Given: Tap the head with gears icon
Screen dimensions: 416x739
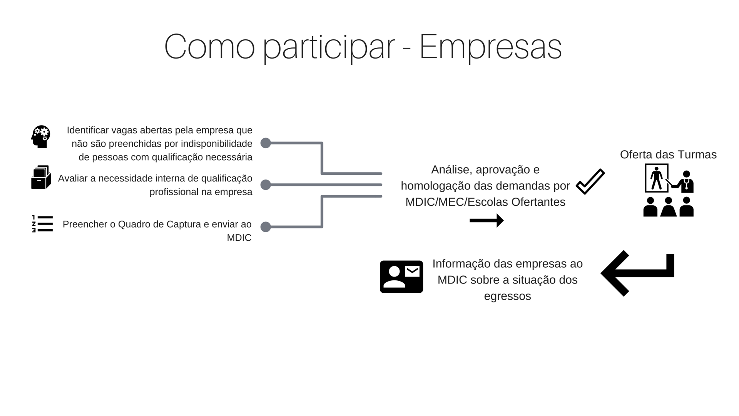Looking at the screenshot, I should [41, 136].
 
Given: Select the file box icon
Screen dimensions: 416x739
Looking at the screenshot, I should [41, 177].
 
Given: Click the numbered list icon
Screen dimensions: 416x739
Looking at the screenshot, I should [42, 224].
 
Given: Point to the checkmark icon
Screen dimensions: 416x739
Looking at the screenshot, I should [590, 181].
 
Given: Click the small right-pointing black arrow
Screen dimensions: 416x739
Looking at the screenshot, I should [487, 221].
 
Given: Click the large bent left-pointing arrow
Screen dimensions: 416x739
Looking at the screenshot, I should [637, 273].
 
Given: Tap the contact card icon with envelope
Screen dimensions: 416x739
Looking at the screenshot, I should [401, 277].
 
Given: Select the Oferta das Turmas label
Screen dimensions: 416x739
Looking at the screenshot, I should [668, 154].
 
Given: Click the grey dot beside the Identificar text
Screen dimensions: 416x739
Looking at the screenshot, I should [266, 143].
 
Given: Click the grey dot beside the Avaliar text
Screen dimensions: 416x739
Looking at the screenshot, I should [266, 185].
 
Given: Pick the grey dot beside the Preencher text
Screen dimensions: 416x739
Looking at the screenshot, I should [266, 227].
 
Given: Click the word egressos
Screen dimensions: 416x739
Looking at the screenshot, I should [507, 296].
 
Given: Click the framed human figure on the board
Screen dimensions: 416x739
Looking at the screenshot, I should [656, 178].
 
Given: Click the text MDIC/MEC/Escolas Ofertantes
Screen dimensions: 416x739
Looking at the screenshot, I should [485, 202].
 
